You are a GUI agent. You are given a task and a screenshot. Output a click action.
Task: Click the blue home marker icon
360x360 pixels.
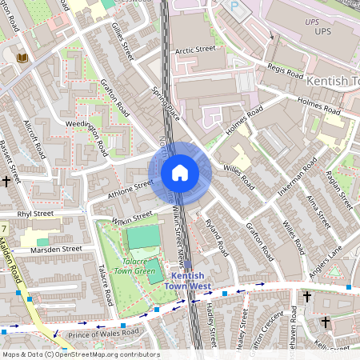point(179,173)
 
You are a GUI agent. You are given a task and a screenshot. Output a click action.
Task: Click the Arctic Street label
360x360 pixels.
point(195,50)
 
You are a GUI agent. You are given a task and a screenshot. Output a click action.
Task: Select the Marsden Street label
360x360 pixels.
point(56,249)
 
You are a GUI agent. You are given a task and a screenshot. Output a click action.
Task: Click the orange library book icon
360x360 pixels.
point(22,58)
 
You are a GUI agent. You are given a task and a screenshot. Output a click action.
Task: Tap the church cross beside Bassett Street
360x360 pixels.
point(6,182)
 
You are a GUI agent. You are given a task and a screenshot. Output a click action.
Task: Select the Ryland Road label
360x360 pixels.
point(217,238)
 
